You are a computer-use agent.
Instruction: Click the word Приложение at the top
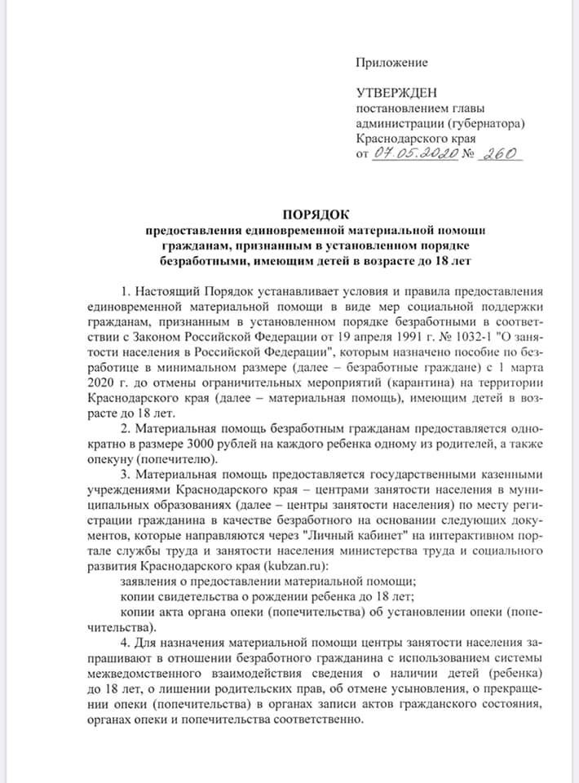tap(391, 62)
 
